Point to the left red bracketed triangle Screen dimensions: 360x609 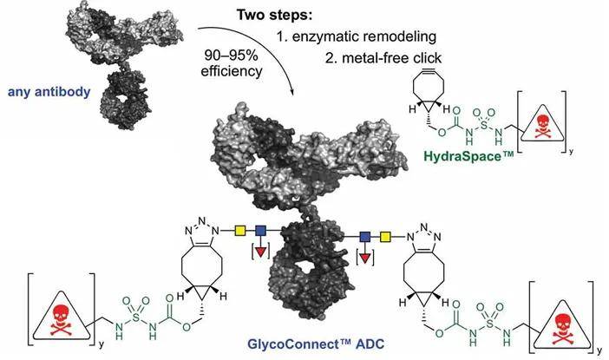(x=259, y=254)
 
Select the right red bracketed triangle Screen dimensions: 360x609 (x=365, y=259)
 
